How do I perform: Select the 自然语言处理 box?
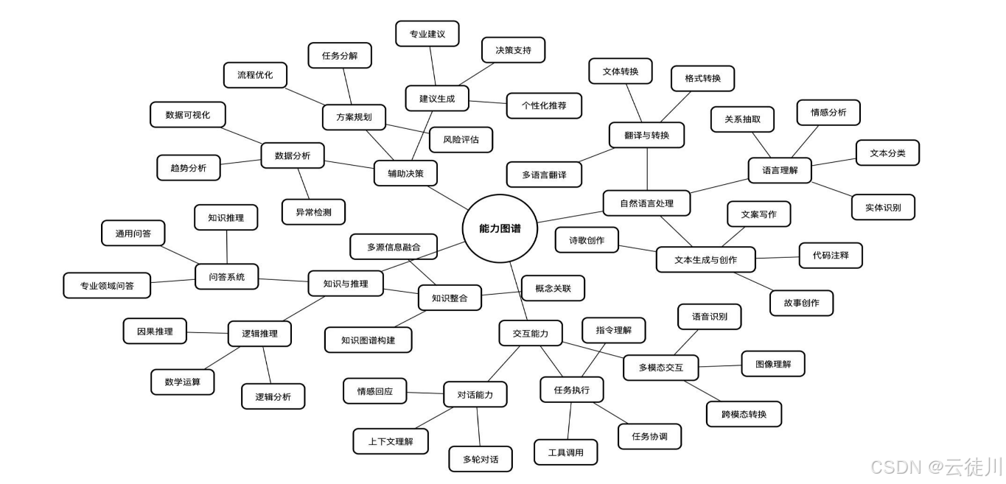[646, 203]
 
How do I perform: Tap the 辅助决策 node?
[405, 173]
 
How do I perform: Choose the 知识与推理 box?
[345, 284]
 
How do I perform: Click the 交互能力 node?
[530, 333]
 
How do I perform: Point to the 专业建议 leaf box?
[427, 34]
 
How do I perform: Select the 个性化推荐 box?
[544, 105]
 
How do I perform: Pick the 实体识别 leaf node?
[883, 207]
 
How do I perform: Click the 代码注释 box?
[831, 255]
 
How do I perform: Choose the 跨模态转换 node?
[744, 414]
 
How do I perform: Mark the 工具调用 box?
[565, 452]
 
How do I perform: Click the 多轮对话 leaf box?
[481, 459]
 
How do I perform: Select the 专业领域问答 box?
[107, 285]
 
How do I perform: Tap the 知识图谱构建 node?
[368, 340]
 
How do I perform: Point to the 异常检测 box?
[313, 212]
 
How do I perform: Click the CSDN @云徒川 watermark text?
[935, 466]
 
